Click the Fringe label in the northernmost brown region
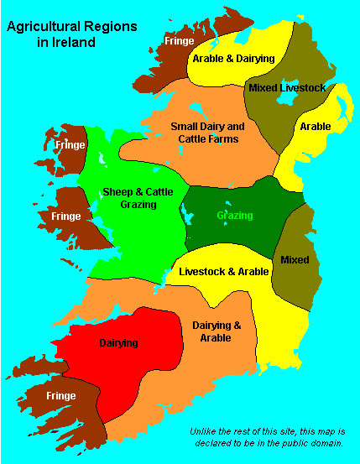[179, 39]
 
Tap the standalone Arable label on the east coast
[315, 127]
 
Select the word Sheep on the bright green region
[117, 192]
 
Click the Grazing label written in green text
[234, 215]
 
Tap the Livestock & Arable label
[223, 272]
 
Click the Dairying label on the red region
[118, 342]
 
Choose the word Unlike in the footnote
[202, 430]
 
